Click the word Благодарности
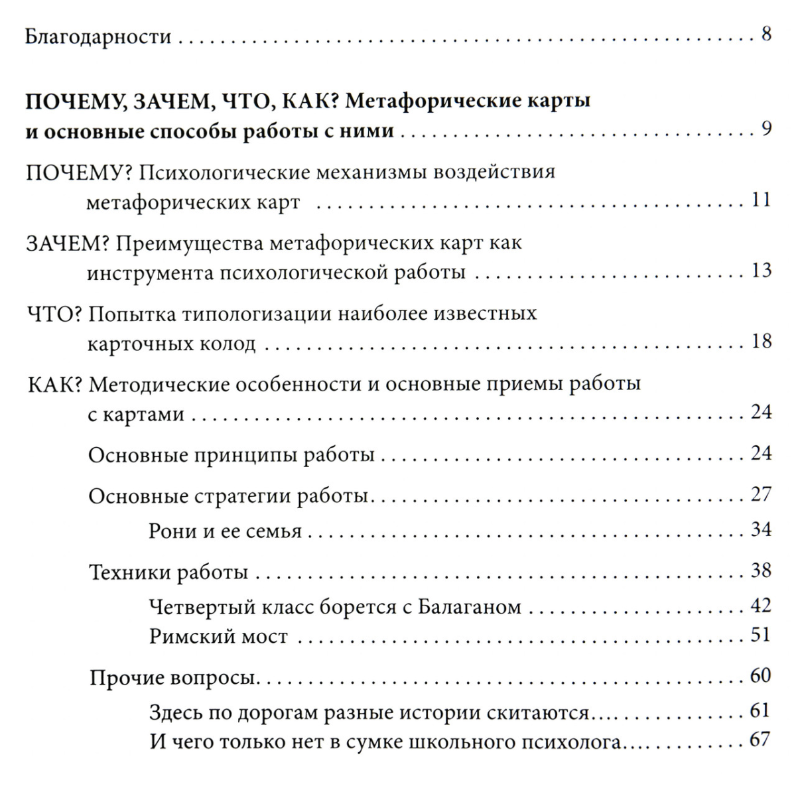pos(98,37)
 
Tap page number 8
pos(766,34)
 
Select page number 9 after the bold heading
pos(766,129)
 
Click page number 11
pos(762,200)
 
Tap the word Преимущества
pos(192,243)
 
